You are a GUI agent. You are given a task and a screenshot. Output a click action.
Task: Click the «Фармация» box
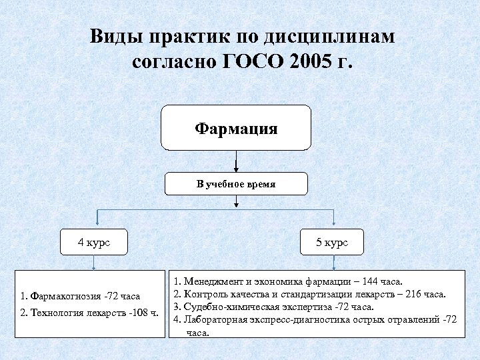pos(236,127)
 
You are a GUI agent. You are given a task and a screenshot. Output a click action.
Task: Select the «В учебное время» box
pos(236,183)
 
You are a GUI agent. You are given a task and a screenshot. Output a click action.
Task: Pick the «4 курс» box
pos(94,243)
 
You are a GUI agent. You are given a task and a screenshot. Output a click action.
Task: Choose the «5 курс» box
pos(331,243)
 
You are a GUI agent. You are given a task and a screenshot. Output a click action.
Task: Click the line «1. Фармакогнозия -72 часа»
pos(80,296)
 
